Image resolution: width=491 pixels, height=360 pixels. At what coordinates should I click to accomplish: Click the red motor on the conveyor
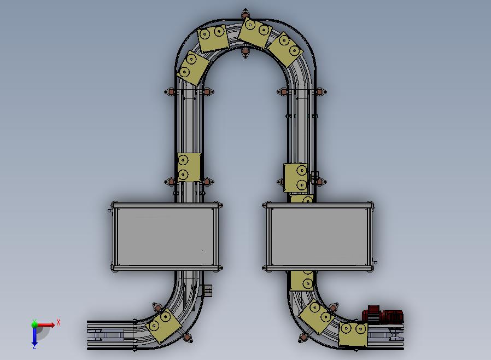coord(383,315)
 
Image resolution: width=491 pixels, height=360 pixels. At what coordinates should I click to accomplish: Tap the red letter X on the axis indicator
coord(59,322)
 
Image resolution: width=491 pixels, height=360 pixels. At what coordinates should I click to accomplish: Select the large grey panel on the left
coord(166,236)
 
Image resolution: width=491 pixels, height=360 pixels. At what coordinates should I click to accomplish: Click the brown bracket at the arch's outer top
coord(245,14)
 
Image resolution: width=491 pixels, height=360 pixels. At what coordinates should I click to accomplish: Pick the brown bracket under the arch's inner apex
coord(245,52)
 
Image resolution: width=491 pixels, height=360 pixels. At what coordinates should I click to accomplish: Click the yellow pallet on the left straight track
coord(189,167)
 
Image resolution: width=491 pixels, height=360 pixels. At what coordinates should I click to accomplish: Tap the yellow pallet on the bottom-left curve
coord(163,326)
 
